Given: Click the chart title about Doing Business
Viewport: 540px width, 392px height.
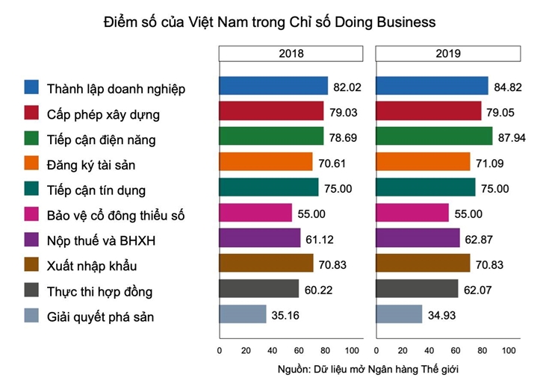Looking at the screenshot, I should pyautogui.click(x=269, y=22).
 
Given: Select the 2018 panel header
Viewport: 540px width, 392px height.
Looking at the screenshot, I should pyautogui.click(x=291, y=54).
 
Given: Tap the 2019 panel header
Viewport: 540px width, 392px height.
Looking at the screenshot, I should pyautogui.click(x=448, y=54).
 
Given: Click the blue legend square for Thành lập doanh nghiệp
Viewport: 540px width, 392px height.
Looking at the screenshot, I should pyautogui.click(x=32, y=87).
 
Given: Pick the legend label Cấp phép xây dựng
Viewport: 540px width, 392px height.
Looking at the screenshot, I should pyautogui.click(x=103, y=114).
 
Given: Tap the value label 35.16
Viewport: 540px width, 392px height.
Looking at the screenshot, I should pyautogui.click(x=288, y=314).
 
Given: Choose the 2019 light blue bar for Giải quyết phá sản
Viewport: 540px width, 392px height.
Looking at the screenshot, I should pyautogui.click(x=399, y=314).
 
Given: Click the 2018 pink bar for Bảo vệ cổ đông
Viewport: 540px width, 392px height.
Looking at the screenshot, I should pyautogui.click(x=255, y=213).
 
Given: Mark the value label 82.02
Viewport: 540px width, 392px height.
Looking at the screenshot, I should pyautogui.click(x=347, y=87).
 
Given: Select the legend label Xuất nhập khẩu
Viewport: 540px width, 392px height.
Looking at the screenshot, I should pyautogui.click(x=92, y=266).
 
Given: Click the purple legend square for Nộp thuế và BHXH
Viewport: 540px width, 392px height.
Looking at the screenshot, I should pyautogui.click(x=32, y=239).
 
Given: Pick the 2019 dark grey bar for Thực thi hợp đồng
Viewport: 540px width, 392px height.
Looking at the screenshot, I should pyautogui.click(x=416, y=288).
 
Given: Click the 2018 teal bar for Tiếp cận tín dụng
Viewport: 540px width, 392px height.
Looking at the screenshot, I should pyautogui.click(x=268, y=187).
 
